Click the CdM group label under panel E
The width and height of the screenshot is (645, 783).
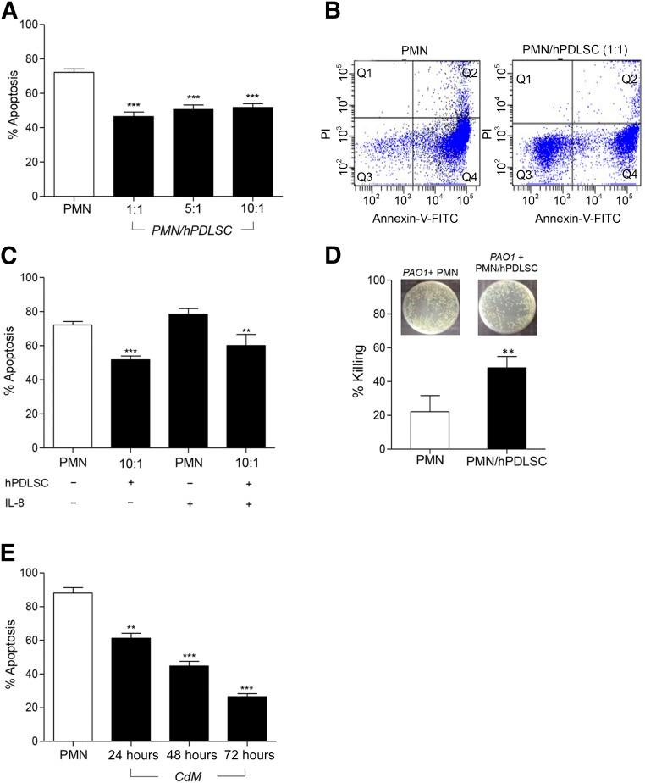187,774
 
